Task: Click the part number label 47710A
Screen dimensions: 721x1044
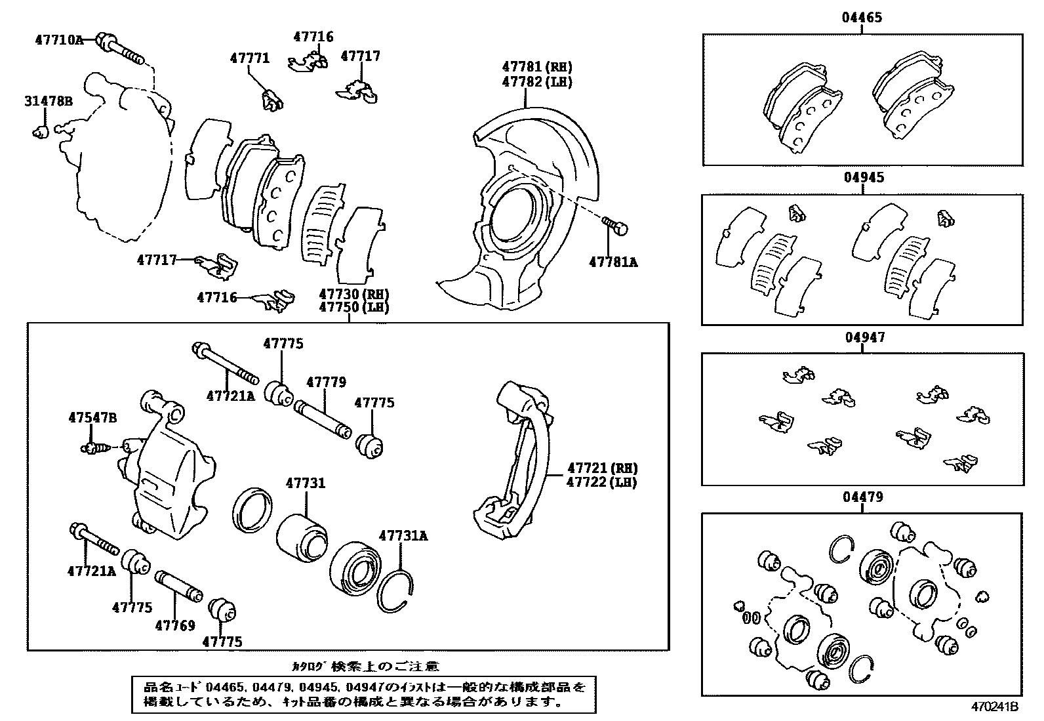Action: click(x=59, y=40)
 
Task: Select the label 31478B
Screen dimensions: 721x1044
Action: click(x=48, y=102)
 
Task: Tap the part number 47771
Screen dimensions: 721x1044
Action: click(x=249, y=58)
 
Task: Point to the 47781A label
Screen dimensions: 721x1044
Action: click(x=612, y=262)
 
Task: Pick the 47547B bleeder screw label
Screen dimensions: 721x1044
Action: click(x=92, y=417)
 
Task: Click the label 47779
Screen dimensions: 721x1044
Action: click(x=326, y=382)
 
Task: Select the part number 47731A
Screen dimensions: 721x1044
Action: click(x=403, y=536)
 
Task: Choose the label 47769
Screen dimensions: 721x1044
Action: click(x=175, y=625)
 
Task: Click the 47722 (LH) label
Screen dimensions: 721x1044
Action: click(x=602, y=482)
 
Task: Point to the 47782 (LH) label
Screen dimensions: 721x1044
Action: click(x=537, y=82)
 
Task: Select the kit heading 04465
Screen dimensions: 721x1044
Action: click(x=862, y=18)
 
